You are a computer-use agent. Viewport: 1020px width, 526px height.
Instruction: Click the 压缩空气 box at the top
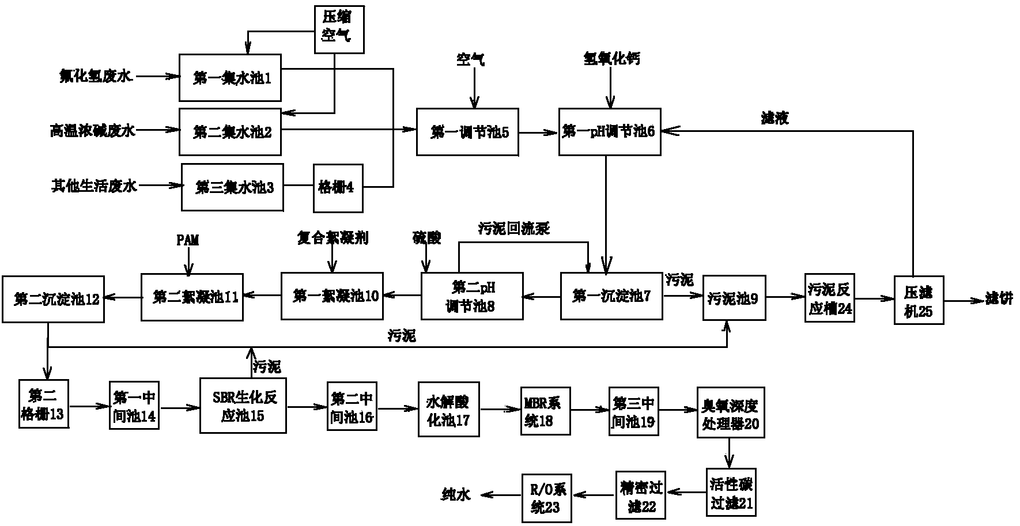pos(339,29)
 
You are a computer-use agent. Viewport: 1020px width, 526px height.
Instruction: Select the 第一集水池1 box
pos(230,78)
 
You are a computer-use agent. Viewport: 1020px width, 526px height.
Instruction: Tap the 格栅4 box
pos(338,187)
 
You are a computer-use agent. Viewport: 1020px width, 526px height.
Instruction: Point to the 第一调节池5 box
pos(467,132)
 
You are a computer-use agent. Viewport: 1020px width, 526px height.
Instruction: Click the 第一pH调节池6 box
pos(609,132)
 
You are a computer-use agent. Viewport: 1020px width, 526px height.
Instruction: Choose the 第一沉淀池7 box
pos(611,296)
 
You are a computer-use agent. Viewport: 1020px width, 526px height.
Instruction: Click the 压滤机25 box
pos(919,300)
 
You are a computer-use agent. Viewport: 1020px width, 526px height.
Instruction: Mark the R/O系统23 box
pos(546,498)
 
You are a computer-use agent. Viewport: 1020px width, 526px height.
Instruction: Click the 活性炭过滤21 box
pos(731,493)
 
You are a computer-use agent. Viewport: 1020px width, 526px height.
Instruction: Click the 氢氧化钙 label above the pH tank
pos(611,59)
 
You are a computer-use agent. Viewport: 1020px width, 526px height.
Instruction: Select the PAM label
pos(187,240)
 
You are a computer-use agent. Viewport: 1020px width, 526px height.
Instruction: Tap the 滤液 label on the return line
pos(775,118)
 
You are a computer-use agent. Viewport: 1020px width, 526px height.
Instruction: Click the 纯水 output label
pos(456,494)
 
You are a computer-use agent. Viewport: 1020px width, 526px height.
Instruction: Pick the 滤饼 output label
pos(999,300)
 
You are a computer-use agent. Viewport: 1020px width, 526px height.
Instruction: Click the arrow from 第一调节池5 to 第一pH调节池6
pos(538,133)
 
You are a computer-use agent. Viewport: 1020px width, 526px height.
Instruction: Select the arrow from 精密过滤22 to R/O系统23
pos(592,493)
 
